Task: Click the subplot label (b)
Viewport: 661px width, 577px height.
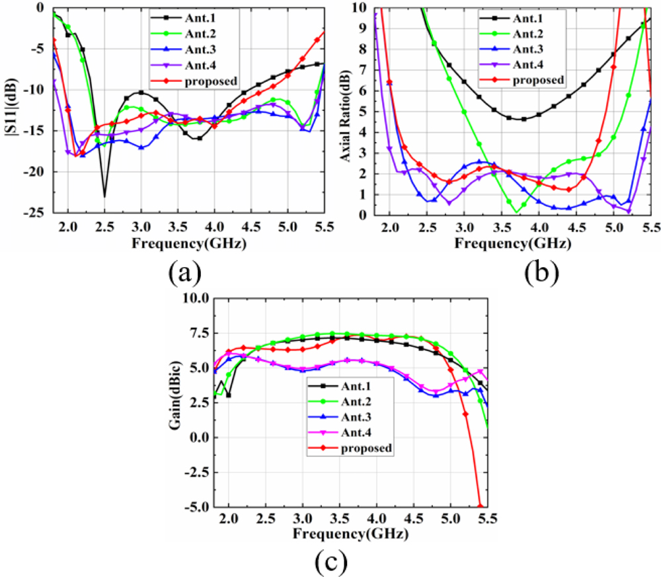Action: coord(539,272)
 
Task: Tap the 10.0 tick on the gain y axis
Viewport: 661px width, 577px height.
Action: coord(196,299)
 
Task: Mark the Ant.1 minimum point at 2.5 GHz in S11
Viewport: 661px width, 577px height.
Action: coord(104,196)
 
